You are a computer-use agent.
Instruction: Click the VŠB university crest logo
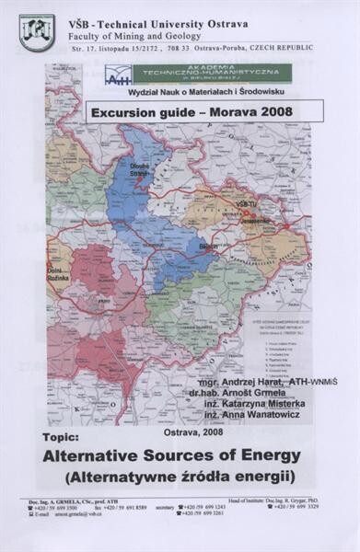click(37, 32)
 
